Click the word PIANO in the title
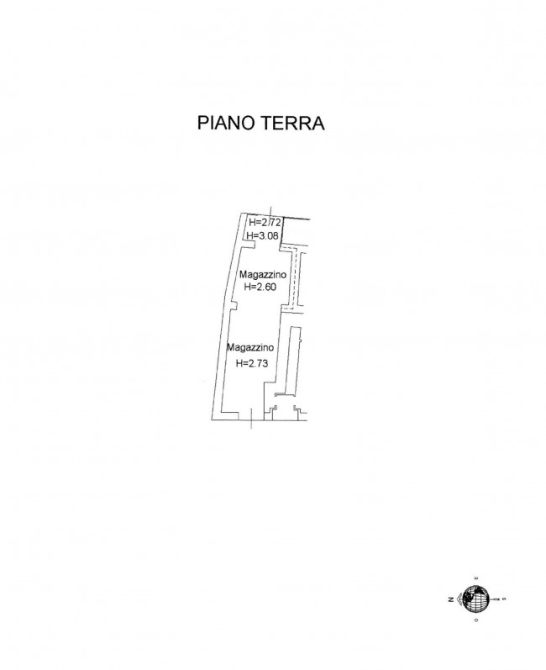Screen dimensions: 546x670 point(226,123)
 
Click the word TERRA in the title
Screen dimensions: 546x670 point(292,123)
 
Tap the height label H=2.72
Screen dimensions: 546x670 point(265,222)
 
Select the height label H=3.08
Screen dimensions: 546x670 point(263,235)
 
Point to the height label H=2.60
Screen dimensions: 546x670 point(260,288)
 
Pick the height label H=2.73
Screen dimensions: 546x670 point(252,363)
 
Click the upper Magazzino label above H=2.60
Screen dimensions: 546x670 point(263,274)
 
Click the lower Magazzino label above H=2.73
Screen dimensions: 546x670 point(249,348)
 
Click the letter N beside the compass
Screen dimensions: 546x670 point(451,599)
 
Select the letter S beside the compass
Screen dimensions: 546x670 point(504,599)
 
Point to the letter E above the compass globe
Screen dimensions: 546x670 point(476,578)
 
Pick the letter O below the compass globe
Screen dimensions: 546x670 point(476,620)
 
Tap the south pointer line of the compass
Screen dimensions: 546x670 point(495,599)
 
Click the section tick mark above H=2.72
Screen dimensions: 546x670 point(270,213)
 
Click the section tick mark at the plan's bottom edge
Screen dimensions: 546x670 point(251,419)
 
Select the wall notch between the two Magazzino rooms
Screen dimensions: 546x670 point(233,305)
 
